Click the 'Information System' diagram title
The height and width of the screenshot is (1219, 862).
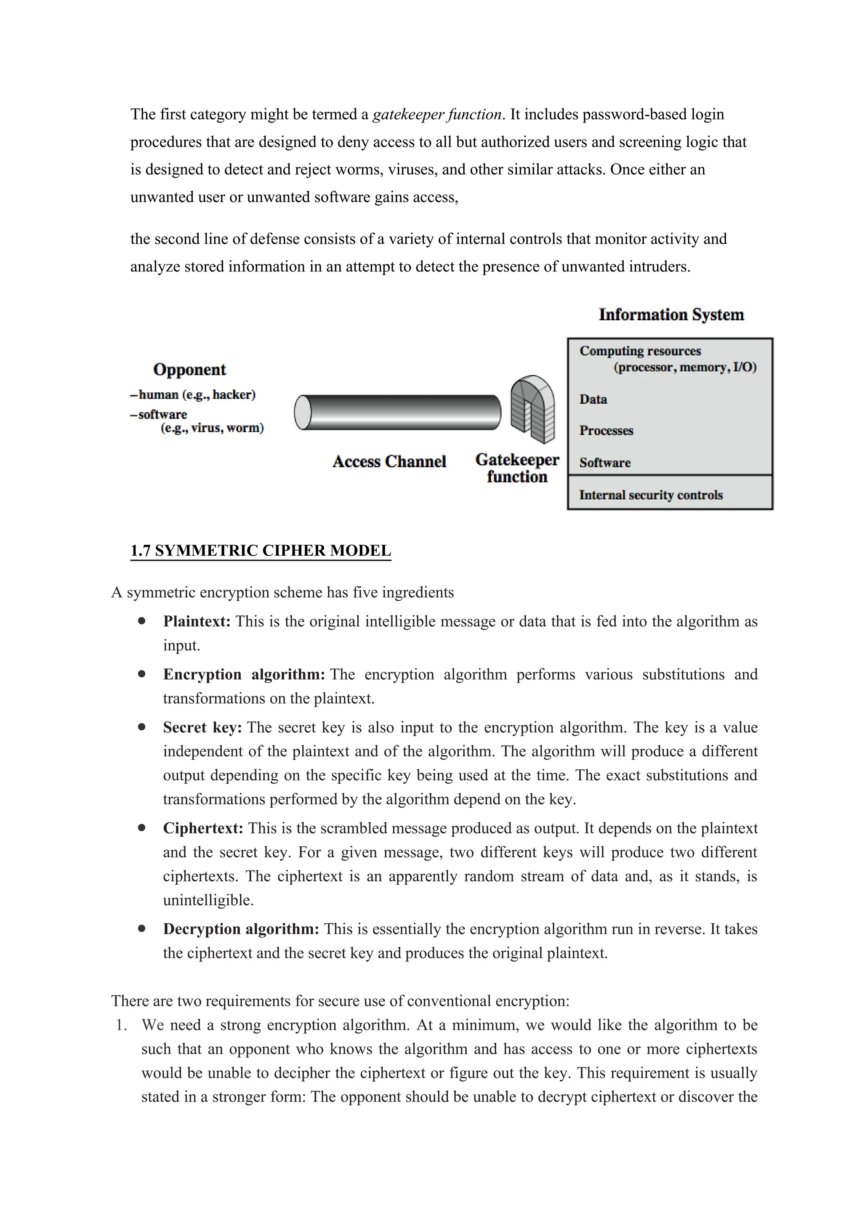[x=671, y=315]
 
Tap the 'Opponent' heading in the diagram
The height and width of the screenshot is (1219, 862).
[x=189, y=370]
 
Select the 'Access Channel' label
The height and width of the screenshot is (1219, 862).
[x=389, y=461]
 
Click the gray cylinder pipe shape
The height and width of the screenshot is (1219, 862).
[x=398, y=412]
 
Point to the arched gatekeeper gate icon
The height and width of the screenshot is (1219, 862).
[x=532, y=409]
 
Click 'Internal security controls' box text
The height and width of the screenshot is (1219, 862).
[x=651, y=495]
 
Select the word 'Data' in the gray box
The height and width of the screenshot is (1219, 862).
[x=593, y=399]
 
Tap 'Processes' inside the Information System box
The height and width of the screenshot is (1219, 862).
[x=606, y=431]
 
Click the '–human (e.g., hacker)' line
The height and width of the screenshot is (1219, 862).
[x=193, y=394]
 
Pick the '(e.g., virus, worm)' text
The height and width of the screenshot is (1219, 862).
[x=212, y=428]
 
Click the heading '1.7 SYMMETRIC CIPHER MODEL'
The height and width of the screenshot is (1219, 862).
[x=261, y=551]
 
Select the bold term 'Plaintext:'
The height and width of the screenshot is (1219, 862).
[x=197, y=621]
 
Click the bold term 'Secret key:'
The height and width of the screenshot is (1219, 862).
[x=202, y=727]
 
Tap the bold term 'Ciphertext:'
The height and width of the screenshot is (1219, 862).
[x=203, y=828]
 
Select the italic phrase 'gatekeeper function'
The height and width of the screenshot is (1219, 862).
[x=437, y=114]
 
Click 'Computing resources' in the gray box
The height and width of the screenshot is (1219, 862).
[x=640, y=351]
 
